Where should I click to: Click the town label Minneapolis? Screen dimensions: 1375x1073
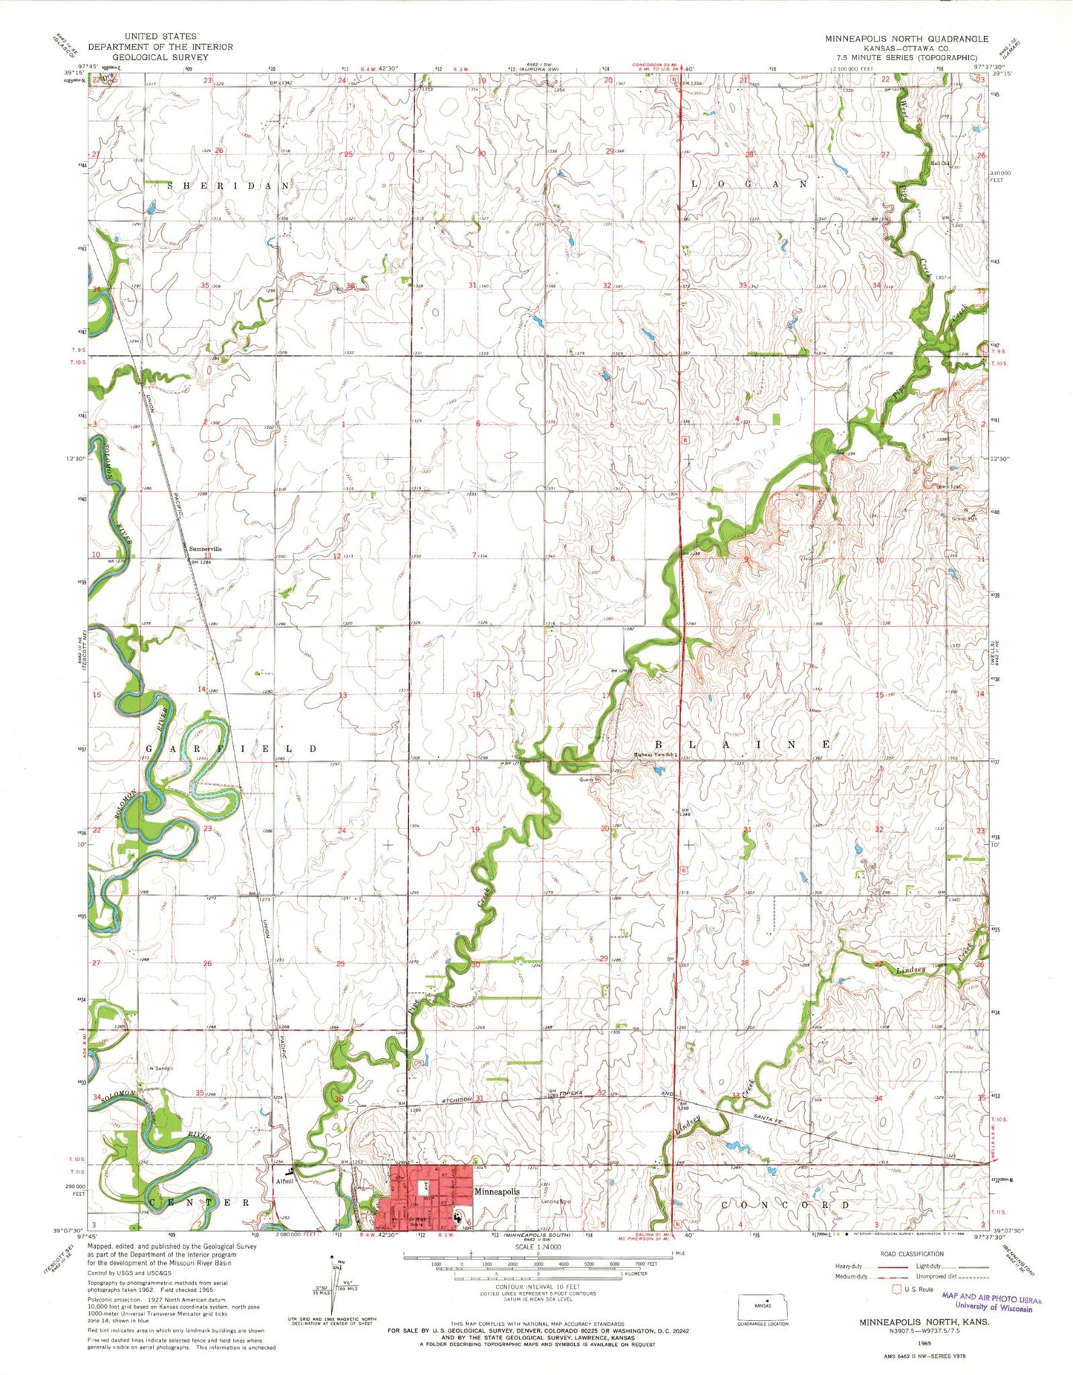pos(497,1191)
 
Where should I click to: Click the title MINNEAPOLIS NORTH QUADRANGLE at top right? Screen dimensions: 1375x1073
pos(907,39)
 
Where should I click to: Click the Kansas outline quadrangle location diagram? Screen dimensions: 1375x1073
pos(762,1305)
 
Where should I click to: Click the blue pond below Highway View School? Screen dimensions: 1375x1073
pos(659,770)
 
